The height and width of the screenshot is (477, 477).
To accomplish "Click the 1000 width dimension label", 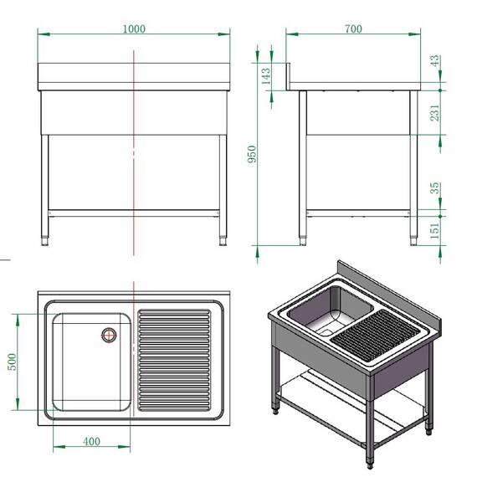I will pos(133,28).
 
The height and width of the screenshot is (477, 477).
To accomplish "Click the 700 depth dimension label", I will pos(352,28).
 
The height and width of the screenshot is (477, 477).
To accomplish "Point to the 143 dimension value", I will pos(266,76).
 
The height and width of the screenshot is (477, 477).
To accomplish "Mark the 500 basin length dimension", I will pos(13,362).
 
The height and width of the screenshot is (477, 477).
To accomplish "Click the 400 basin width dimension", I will pos(91,441).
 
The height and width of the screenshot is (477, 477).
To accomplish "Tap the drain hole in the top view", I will pos(109,335).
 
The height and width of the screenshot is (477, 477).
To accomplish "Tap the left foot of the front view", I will pos(45,239).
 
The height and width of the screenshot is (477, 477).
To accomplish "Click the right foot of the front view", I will pos(222,239).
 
